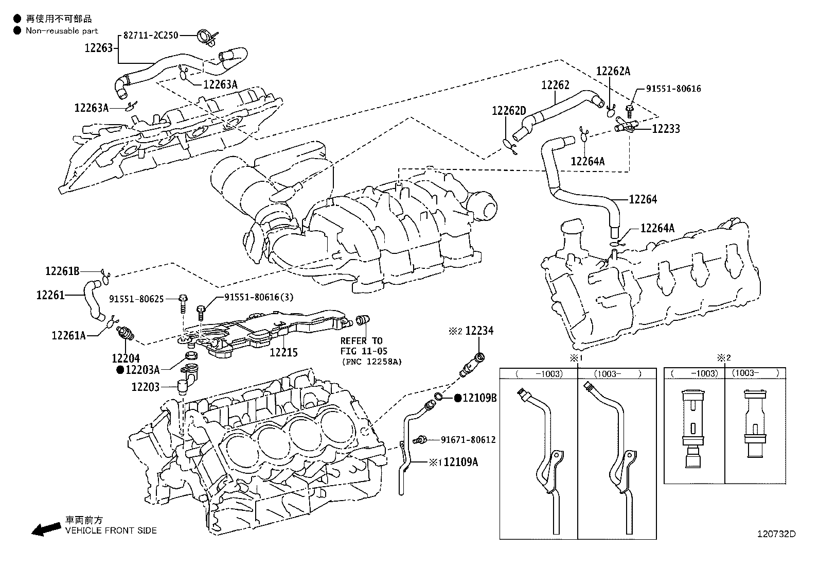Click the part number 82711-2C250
point(151,36)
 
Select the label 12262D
point(509,111)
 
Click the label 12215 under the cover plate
point(283,353)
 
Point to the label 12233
point(666,128)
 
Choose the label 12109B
point(479,398)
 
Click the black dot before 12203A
point(120,369)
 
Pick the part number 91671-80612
point(468,440)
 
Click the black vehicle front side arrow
point(45,528)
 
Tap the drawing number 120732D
point(776,534)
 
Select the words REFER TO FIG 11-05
point(361,345)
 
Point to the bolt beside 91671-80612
point(420,440)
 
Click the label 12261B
point(62,271)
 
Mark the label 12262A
point(613,72)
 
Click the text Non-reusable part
point(62,31)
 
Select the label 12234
point(479,331)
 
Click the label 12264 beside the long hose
point(643,199)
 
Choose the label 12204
point(126,357)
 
